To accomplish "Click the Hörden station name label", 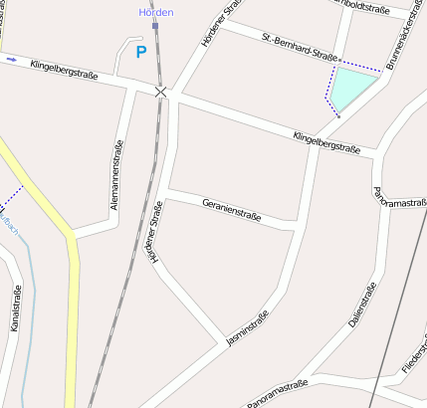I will [155, 12].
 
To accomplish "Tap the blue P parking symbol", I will [141, 52].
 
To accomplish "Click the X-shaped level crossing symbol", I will [161, 92].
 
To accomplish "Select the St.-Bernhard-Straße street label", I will [301, 46].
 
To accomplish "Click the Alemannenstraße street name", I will [117, 176].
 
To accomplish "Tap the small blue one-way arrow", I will [11, 60].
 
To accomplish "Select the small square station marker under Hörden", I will [155, 26].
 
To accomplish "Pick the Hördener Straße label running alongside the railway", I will [155, 232].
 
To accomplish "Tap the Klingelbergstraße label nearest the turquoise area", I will [326, 142].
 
